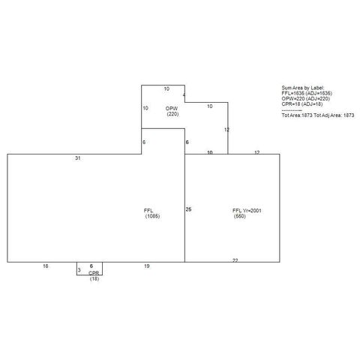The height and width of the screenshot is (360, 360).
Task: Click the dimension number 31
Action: [x=78, y=158]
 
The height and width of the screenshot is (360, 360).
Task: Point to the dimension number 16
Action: [x=46, y=266]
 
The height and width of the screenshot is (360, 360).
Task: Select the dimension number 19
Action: [x=147, y=266]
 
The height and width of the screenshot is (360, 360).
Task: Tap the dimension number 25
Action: [x=188, y=208]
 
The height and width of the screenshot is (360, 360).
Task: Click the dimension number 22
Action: [x=235, y=259]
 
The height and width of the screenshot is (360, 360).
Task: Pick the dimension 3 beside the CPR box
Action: [x=79, y=268]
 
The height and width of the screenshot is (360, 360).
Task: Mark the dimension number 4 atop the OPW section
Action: [x=184, y=94]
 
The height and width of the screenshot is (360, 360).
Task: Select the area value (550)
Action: [x=240, y=216]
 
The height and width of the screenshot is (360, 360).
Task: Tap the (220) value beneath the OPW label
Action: [x=172, y=114]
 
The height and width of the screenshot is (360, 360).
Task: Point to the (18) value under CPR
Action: [x=94, y=279]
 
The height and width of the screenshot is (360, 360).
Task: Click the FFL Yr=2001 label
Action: [x=245, y=210]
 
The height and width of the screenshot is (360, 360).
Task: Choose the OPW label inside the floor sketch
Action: [x=172, y=108]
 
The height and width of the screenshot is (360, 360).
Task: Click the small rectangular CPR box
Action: [x=89, y=268]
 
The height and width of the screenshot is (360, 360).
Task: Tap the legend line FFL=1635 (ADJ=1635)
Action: [x=307, y=93]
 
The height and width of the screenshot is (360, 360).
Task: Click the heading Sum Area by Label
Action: [x=301, y=88]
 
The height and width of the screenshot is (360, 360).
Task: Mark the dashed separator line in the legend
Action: [x=292, y=110]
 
